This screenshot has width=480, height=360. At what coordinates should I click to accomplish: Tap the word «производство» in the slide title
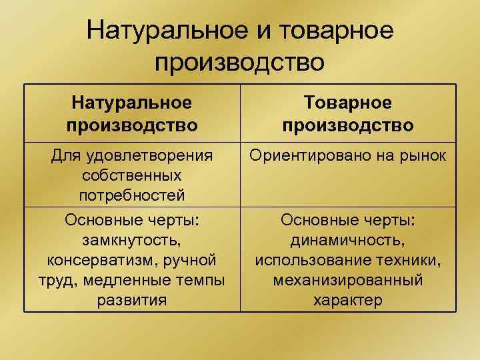[x=240, y=63]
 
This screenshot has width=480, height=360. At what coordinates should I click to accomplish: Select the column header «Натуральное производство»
[x=132, y=113]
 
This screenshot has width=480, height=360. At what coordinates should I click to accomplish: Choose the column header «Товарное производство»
[x=347, y=113]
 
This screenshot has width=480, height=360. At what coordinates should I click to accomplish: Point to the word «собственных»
[x=132, y=176]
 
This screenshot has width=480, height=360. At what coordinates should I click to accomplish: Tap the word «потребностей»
[x=132, y=196]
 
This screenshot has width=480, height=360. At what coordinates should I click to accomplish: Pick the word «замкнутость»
[x=132, y=239]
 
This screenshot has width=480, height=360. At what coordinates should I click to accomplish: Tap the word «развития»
[x=132, y=299]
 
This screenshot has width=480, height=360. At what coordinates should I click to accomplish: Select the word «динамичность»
[x=347, y=239]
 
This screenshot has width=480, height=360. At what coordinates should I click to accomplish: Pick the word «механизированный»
[x=347, y=279]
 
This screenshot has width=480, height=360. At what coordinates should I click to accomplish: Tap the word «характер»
[x=347, y=299]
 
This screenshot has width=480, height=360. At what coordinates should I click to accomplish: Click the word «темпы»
[x=201, y=279]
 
